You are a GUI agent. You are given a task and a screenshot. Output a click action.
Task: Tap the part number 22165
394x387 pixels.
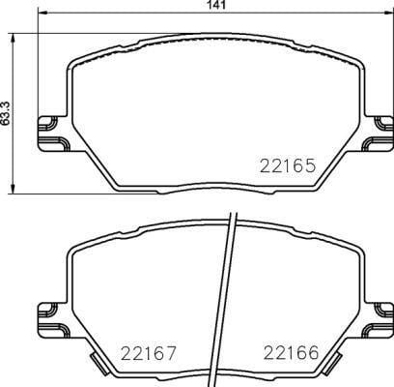(287, 165)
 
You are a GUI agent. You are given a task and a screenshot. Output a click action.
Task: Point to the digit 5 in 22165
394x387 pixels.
(310, 165)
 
